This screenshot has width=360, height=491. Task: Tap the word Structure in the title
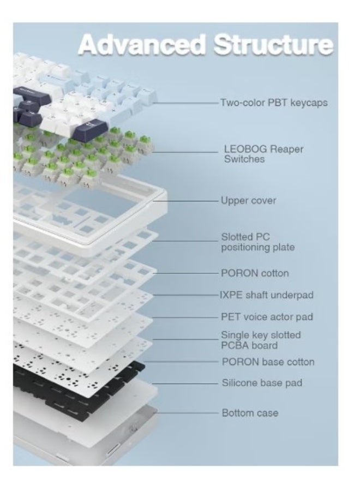click(x=273, y=45)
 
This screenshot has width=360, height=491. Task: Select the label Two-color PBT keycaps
click(x=274, y=103)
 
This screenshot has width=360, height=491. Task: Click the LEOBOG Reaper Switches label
click(x=263, y=154)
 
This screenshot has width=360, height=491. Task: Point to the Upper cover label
click(x=249, y=200)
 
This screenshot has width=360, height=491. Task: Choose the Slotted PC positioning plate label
click(x=258, y=242)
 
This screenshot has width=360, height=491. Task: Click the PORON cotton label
click(x=255, y=273)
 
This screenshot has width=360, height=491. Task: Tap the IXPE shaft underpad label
click(x=266, y=295)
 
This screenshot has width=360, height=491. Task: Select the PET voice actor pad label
click(x=267, y=316)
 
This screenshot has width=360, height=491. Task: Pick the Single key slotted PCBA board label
click(x=261, y=340)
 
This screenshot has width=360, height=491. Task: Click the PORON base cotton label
click(x=268, y=362)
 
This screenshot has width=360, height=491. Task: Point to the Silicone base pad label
click(x=262, y=382)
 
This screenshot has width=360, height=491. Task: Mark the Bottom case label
click(x=250, y=413)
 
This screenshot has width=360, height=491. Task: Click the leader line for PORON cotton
click(x=185, y=273)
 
